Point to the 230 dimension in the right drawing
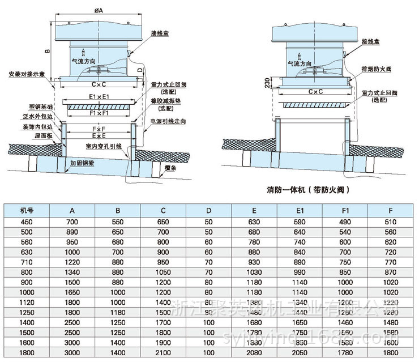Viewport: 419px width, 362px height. (266, 84)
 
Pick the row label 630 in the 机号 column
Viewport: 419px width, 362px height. (27, 252)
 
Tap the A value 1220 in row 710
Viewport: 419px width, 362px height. (72, 262)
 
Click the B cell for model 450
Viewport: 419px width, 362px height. (118, 222)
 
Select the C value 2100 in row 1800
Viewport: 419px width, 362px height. (163, 352)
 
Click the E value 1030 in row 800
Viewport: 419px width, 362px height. (254, 272)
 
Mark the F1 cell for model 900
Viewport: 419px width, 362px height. (345, 282)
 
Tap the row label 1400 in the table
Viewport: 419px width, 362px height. (27, 322)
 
